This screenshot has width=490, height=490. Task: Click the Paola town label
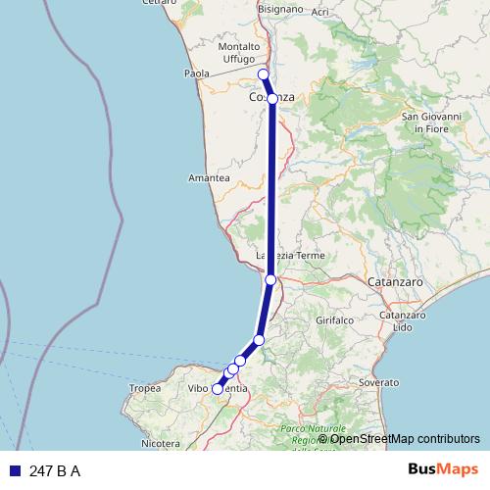point(199,73)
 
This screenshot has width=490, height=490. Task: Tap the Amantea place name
point(209,178)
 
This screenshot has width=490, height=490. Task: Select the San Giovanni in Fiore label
point(425,122)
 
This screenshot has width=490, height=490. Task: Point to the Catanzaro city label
point(397,282)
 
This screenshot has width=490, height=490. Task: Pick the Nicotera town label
point(161,443)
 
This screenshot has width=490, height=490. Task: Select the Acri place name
point(320,12)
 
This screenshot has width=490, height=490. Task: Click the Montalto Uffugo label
point(240,53)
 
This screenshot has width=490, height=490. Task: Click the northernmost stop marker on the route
point(263,74)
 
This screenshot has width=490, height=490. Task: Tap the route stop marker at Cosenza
point(272,99)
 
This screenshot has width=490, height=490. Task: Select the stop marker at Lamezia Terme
point(270,279)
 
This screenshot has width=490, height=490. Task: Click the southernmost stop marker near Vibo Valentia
point(218,389)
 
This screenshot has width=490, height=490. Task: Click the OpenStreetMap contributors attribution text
point(398,439)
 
